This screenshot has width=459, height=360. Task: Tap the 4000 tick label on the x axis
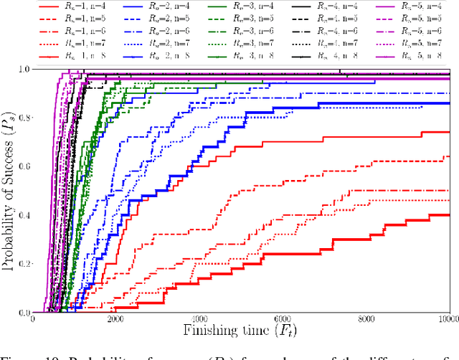pyautogui.click(x=199, y=318)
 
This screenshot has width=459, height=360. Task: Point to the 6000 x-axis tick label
pyautogui.click(x=283, y=318)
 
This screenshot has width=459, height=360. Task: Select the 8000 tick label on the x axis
pyautogui.click(x=366, y=318)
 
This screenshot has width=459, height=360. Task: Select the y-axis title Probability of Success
pyautogui.click(x=9, y=190)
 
